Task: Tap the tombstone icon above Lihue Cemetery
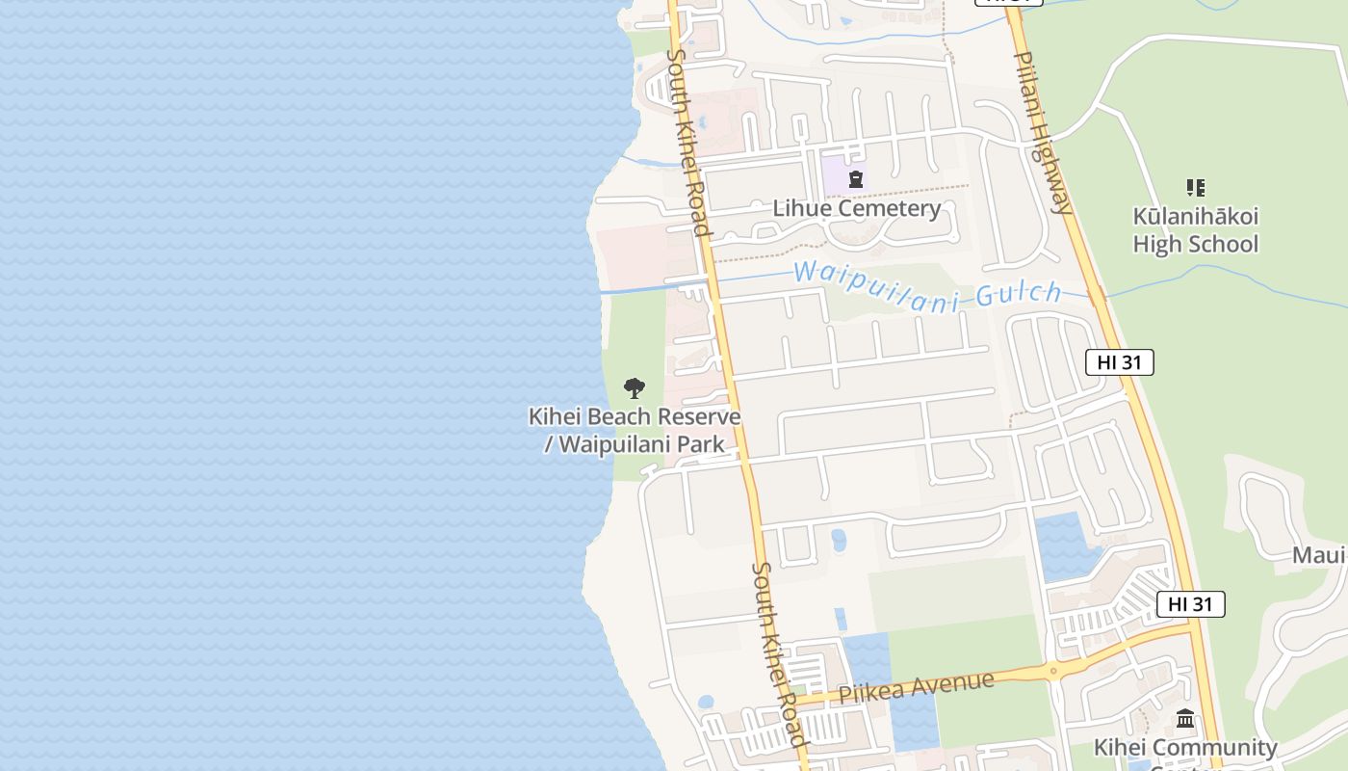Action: pyautogui.click(x=855, y=178)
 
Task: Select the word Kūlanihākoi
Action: pyautogui.click(x=1195, y=216)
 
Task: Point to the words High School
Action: pyautogui.click(x=1195, y=244)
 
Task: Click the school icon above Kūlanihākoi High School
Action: pyautogui.click(x=1195, y=187)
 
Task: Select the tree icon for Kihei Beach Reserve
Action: pyautogui.click(x=634, y=388)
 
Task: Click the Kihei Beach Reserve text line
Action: pyautogui.click(x=635, y=416)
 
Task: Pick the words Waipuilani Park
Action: pyautogui.click(x=641, y=444)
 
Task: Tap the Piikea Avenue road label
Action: pyautogui.click(x=916, y=687)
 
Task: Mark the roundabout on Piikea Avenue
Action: pyautogui.click(x=1053, y=670)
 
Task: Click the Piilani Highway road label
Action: pyautogui.click(x=1042, y=132)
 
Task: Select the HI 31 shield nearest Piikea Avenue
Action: pyautogui.click(x=1190, y=604)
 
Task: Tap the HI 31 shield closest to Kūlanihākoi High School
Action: pyautogui.click(x=1119, y=362)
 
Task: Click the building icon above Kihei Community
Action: pyautogui.click(x=1185, y=719)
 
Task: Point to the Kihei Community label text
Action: pyautogui.click(x=1185, y=748)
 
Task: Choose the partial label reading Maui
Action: pyautogui.click(x=1318, y=555)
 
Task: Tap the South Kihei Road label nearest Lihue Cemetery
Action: pyautogui.click(x=688, y=142)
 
